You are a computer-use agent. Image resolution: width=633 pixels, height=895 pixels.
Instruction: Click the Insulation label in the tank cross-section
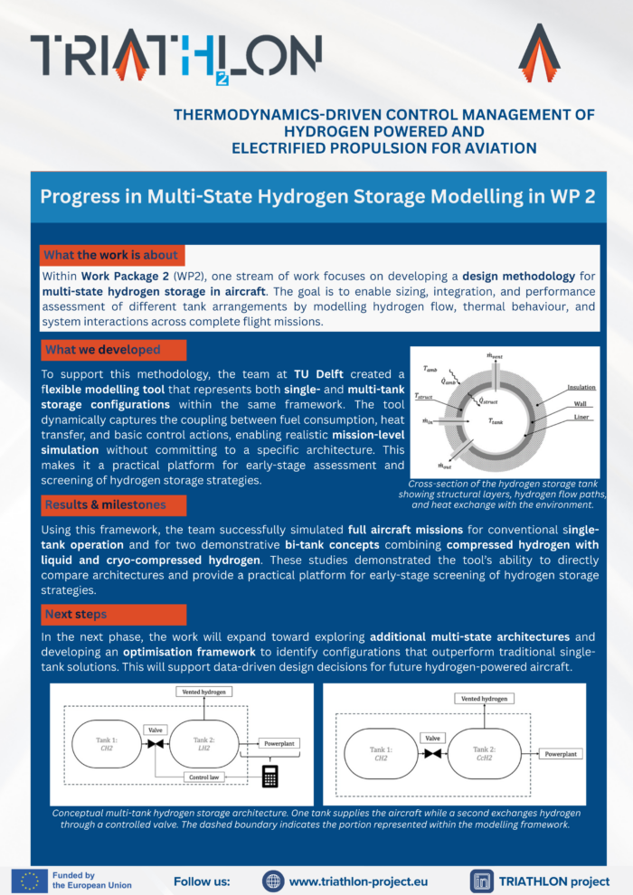coord(581,388)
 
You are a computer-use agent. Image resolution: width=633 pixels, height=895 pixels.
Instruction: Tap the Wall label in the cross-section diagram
coord(580,402)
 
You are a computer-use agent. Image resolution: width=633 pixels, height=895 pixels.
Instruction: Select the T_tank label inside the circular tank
coord(496,421)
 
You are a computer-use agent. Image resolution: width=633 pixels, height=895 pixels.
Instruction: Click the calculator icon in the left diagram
coord(269,775)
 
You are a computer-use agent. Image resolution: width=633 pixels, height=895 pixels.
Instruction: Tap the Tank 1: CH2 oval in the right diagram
coord(379,753)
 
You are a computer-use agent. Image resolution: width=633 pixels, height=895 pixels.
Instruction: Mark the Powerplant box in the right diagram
coord(562,753)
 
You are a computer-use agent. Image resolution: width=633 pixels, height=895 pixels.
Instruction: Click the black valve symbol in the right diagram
coord(432,753)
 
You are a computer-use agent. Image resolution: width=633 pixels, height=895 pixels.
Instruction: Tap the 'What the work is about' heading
coord(111,254)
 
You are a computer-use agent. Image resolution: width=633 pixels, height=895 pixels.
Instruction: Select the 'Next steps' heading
coord(75,615)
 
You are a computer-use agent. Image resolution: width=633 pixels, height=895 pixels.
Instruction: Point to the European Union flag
coord(29,881)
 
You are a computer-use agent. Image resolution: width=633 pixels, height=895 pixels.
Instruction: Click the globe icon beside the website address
coord(272,881)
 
